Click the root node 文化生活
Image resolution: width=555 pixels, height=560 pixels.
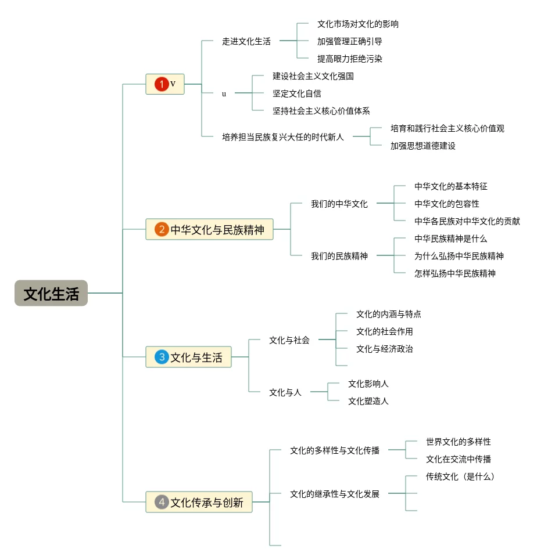(51, 293)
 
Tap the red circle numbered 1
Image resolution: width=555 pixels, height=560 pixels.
(162, 84)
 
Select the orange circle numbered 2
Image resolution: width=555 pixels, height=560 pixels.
(162, 229)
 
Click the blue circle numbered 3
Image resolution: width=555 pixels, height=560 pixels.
(162, 357)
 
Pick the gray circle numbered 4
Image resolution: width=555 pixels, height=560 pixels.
(162, 502)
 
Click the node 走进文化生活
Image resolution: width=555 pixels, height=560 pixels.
(246, 41)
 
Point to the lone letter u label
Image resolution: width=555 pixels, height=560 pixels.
(224, 94)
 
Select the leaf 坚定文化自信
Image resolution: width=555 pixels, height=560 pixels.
(297, 93)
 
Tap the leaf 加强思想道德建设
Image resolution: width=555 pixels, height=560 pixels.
(422, 146)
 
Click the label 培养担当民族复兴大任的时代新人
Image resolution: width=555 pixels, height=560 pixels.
(283, 137)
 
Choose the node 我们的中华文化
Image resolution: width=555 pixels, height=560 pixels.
(339, 204)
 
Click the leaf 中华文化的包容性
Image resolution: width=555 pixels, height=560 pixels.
(447, 204)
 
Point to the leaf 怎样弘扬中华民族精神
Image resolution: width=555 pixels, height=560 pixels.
(455, 273)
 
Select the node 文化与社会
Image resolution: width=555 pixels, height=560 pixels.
(289, 340)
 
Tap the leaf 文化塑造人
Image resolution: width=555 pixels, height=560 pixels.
(368, 401)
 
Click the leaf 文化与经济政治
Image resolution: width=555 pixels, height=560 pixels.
(384, 349)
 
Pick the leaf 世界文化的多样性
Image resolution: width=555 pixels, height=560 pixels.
(459, 442)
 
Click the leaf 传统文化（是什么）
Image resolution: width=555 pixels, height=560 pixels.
(460, 476)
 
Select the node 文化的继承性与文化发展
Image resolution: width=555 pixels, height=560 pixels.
(335, 494)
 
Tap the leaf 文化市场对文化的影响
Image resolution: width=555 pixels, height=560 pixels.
(358, 24)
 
